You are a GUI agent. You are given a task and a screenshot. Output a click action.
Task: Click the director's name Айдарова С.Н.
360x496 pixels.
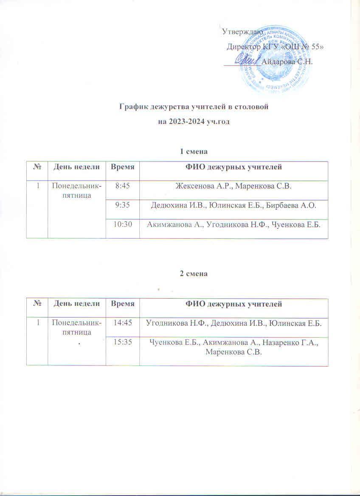287,61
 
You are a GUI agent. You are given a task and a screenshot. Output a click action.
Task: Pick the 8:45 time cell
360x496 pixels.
122,185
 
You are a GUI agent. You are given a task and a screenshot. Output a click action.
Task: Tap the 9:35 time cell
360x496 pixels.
122,206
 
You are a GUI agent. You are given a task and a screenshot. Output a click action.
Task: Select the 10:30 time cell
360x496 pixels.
122,225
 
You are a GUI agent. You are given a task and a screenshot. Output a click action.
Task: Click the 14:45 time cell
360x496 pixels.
122,323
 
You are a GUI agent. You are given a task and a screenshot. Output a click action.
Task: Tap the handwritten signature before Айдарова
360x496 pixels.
246,60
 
